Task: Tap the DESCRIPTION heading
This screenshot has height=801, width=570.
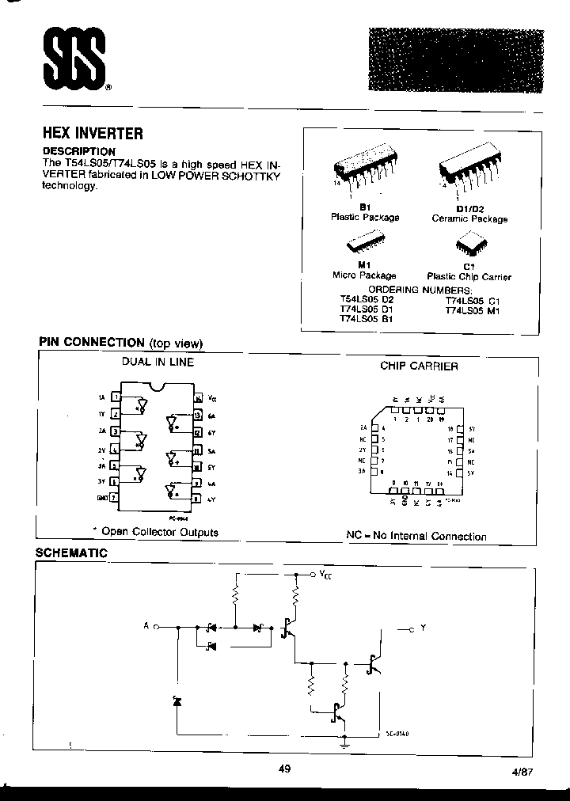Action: click(78, 151)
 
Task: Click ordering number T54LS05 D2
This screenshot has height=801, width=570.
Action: click(367, 300)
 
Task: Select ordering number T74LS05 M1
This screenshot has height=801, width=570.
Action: click(473, 310)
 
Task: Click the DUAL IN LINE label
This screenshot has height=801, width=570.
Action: click(157, 362)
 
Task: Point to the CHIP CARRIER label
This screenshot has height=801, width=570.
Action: click(419, 366)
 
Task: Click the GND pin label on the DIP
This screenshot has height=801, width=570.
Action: click(101, 498)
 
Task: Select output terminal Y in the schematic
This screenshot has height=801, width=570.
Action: click(419, 628)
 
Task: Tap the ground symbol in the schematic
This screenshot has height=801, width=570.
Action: click(345, 743)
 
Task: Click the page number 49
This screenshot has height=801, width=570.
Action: click(286, 767)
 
